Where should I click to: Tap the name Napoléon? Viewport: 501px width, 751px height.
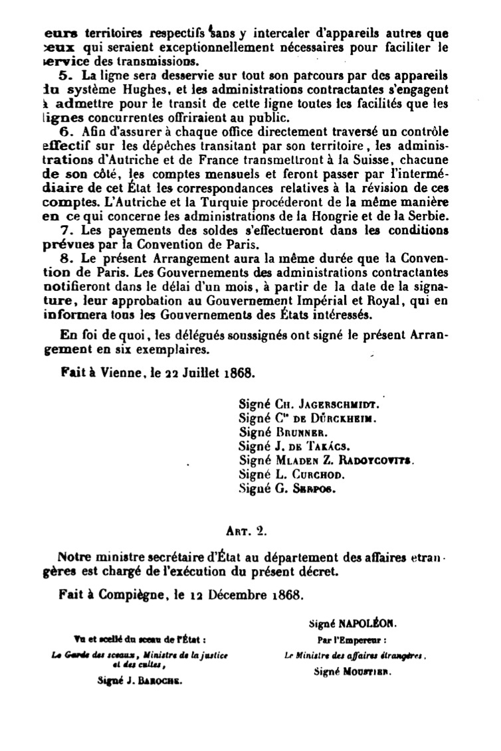[367, 625]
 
